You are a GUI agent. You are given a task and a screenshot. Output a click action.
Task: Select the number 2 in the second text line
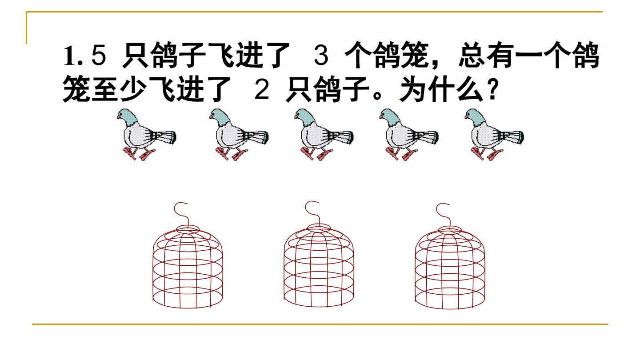[x=262, y=89]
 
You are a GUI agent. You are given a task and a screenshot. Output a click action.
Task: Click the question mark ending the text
[x=492, y=89]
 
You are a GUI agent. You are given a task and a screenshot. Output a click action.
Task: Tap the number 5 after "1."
[x=99, y=56]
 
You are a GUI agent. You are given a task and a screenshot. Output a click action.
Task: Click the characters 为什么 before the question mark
[x=442, y=89]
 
